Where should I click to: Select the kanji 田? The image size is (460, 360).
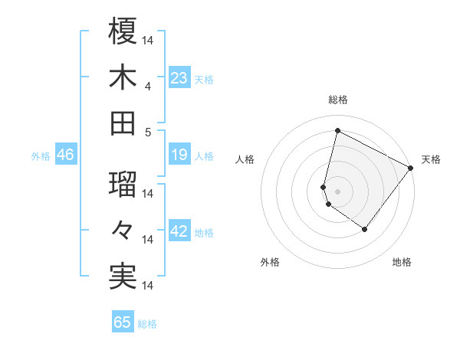[x=123, y=123]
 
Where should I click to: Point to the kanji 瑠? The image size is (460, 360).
[x=123, y=184]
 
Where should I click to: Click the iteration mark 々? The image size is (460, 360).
[x=123, y=230]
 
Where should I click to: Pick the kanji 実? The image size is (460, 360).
[x=123, y=276]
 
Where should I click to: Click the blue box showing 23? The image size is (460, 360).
[x=179, y=78]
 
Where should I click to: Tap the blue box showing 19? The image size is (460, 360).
[x=179, y=155]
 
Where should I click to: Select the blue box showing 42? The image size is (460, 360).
[x=179, y=232]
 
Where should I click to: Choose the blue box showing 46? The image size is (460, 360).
[x=65, y=155]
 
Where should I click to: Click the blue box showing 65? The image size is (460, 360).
[x=123, y=322]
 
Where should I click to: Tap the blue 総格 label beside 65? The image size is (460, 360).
[x=147, y=323]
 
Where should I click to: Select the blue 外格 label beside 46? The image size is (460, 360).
[x=41, y=156]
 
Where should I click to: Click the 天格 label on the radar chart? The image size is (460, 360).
[x=431, y=159]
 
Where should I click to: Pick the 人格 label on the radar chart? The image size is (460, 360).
[x=245, y=159]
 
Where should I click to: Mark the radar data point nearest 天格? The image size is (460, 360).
[x=410, y=169]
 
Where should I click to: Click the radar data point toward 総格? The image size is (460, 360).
[x=337, y=130]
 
